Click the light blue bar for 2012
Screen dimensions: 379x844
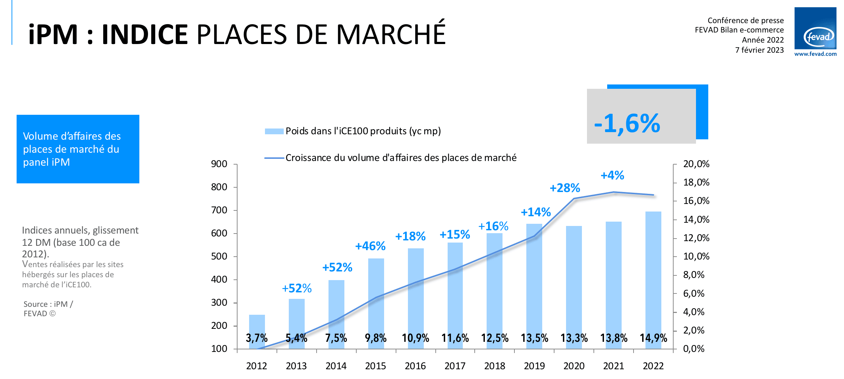(x=257, y=325)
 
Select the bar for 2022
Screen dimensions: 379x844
(x=653, y=274)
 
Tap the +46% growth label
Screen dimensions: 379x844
(x=370, y=246)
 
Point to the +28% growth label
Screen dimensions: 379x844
(x=565, y=188)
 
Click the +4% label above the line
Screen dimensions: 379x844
(x=612, y=175)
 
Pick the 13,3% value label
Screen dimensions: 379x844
(x=574, y=338)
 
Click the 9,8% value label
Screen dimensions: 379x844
(x=375, y=338)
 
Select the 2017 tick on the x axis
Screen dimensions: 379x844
(x=455, y=366)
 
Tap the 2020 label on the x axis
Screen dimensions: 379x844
(x=574, y=366)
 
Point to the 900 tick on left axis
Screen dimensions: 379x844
(x=219, y=164)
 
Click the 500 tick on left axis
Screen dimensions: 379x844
(x=219, y=257)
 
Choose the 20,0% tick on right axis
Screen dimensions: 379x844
(x=696, y=164)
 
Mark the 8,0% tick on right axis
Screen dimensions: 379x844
(x=693, y=275)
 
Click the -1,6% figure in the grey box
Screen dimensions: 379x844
(x=627, y=124)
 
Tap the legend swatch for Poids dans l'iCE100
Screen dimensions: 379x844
(x=274, y=131)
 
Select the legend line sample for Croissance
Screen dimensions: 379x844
(x=274, y=158)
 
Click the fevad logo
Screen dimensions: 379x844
(x=815, y=29)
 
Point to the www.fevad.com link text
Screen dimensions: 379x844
(x=815, y=54)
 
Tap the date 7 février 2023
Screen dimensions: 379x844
(x=760, y=50)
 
